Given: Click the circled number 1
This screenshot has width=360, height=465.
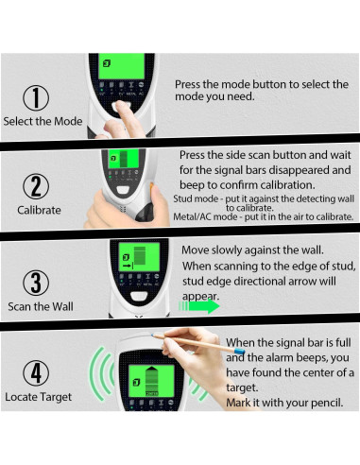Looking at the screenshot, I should tap(36, 96).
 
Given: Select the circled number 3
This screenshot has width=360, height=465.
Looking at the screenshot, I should tap(36, 280).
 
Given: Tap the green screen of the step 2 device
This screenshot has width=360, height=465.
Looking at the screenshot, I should tap(119, 159).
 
